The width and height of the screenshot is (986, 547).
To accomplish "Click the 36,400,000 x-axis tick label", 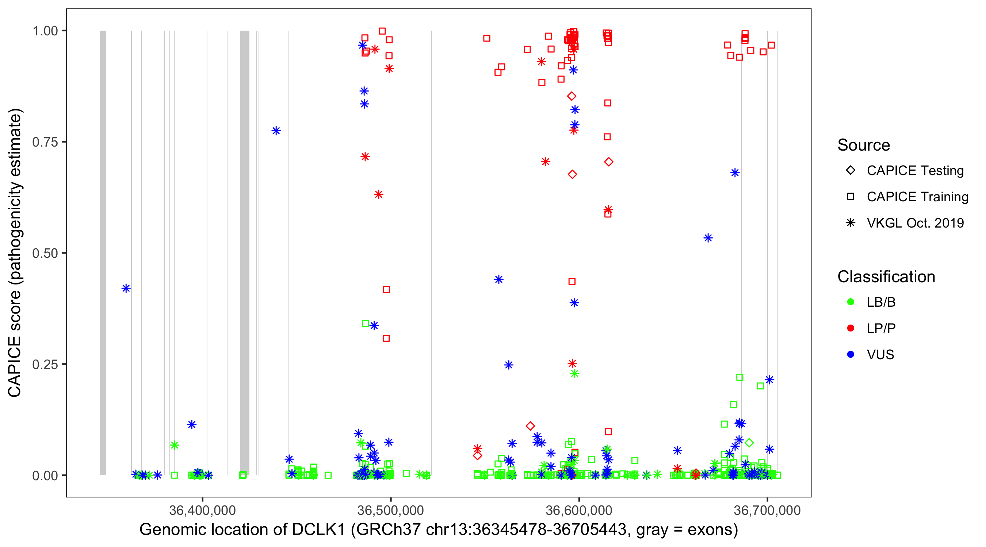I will [x=202, y=510].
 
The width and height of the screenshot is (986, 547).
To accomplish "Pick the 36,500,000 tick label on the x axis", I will [x=390, y=510].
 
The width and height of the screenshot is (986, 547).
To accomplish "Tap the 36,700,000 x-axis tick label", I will [x=767, y=510].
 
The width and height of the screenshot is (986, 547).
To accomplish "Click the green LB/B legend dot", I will [x=851, y=302].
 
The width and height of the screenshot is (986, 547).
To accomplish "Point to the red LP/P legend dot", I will [x=851, y=328].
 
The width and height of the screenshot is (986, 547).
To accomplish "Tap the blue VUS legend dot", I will [x=851, y=354].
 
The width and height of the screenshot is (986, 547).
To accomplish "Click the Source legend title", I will [x=864, y=145].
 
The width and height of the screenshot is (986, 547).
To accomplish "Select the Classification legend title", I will [x=886, y=277].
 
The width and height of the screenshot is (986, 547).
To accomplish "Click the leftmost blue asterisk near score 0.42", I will [x=126, y=288].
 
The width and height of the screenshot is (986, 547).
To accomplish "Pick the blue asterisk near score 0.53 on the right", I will [x=708, y=238].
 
